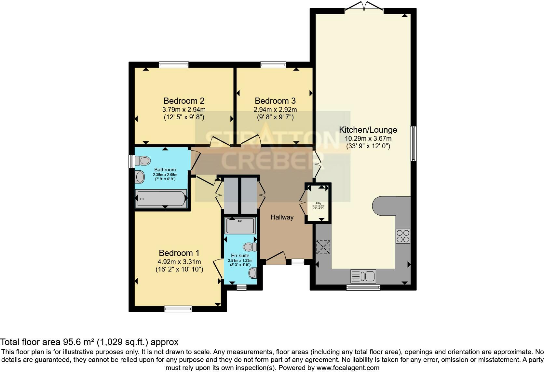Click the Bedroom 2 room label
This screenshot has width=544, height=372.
pos(184,101)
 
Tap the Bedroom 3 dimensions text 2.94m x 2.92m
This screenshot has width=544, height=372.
pos(275,110)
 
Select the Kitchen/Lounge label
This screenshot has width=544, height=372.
pos(368,130)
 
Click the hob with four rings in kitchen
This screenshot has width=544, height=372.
pos(403,236)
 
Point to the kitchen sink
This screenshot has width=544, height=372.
pos(363,276)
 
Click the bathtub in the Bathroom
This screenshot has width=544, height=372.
pos(161,198)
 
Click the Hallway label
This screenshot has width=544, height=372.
pos(282,217)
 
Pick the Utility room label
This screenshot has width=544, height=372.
pos(318,203)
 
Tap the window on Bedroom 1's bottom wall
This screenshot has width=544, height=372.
pos(178,309)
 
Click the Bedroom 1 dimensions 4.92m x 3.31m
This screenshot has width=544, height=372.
pos(179,262)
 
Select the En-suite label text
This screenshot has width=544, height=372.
pos(240,256)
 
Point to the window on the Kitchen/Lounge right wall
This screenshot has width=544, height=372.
pos(413,143)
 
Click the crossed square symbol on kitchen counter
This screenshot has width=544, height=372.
pos(323,247)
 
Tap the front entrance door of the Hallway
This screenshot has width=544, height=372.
pos(275,257)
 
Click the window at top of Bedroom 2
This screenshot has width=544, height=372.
pos(174,65)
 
